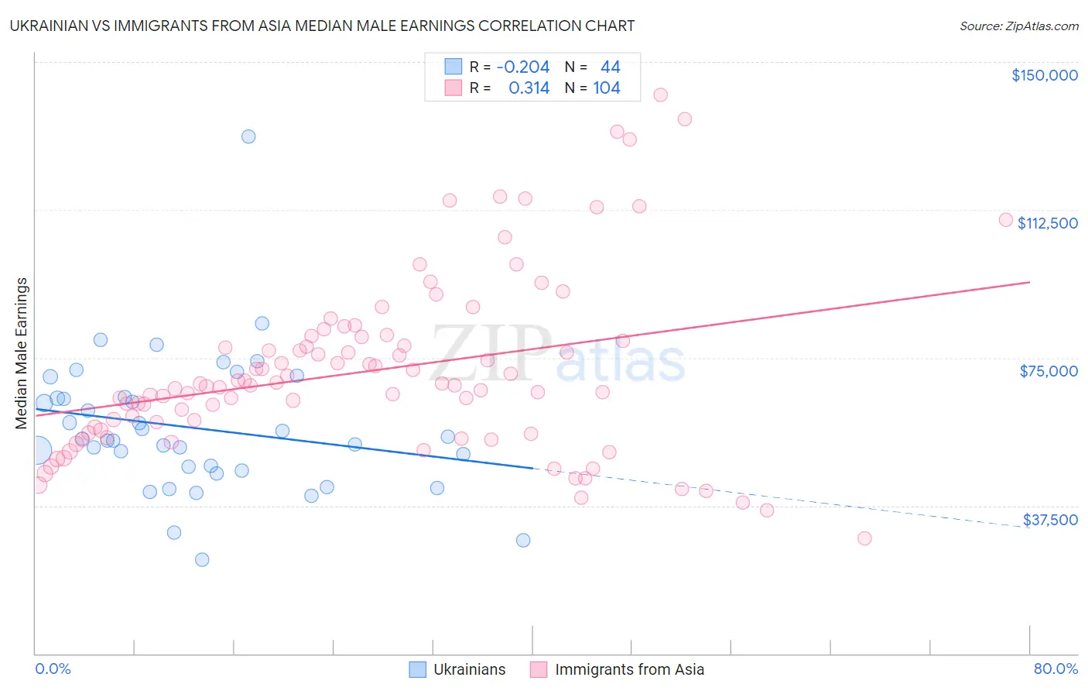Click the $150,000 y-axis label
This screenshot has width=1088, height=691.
click(x=1044, y=75)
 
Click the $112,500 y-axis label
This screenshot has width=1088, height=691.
click(x=1047, y=223)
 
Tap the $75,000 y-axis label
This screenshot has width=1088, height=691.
click(x=1049, y=371)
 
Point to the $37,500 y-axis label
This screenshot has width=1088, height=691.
click(x=1050, y=520)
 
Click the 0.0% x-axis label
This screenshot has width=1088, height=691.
click(x=53, y=669)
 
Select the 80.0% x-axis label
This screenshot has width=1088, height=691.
click(x=1055, y=669)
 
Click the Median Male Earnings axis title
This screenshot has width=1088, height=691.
click(x=21, y=352)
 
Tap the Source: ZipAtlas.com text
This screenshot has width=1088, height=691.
click(x=1018, y=26)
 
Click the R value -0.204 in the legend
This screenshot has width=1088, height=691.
click(x=523, y=67)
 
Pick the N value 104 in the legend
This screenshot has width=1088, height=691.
click(x=607, y=88)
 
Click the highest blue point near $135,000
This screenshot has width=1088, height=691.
click(x=248, y=136)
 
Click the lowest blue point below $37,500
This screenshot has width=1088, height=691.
click(x=202, y=559)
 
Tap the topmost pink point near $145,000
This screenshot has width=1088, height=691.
click(x=660, y=95)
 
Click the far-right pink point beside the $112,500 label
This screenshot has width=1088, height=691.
click(x=1006, y=219)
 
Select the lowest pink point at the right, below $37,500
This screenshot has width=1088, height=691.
click(x=864, y=538)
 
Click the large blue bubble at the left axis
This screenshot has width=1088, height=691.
click(x=37, y=449)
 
